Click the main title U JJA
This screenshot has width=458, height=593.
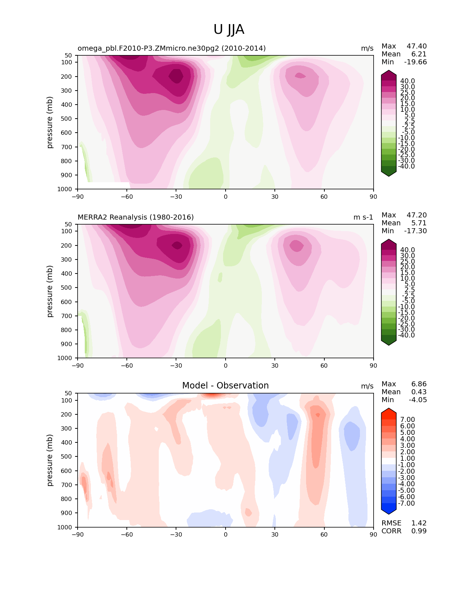[x=228, y=29]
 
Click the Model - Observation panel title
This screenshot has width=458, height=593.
[x=225, y=385]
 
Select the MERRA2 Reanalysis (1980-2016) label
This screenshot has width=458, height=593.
[x=135, y=217]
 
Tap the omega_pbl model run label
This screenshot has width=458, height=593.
[x=172, y=49]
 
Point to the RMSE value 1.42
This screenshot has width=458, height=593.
[x=419, y=523]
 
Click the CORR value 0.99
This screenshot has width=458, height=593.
[x=419, y=531]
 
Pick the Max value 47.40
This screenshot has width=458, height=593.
[x=417, y=46]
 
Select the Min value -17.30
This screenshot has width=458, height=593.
[x=416, y=231]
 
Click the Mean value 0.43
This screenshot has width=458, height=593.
[x=419, y=392]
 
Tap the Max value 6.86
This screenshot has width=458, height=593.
[x=419, y=384]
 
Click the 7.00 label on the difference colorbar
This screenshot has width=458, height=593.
[x=407, y=419]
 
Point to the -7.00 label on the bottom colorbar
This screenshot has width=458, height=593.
[x=406, y=503]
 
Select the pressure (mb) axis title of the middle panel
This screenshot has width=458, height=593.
[x=49, y=291]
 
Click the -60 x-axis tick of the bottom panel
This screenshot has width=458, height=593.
[x=127, y=534]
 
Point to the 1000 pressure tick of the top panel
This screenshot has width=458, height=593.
[x=65, y=189]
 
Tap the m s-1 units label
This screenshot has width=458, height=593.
[x=363, y=217]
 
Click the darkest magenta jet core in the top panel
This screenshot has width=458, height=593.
[x=176, y=75]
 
